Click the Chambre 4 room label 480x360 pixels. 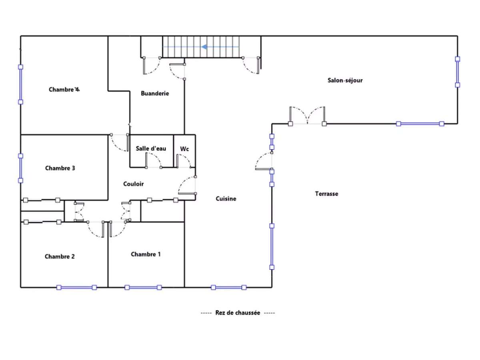point(64,89)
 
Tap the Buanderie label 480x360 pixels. point(155,93)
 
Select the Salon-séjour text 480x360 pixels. point(345,80)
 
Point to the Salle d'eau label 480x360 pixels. point(151,148)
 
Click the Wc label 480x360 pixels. point(184,149)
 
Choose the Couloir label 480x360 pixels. point(133,184)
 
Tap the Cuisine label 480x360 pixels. point(226,198)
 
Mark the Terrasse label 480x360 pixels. point(326,194)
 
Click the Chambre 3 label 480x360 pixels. point(60,168)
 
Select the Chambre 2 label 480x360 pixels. point(60,256)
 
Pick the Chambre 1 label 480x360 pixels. point(146,254)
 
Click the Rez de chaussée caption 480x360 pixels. point(238,313)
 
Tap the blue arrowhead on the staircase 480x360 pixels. point(204,47)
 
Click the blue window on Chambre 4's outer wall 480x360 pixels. point(20,84)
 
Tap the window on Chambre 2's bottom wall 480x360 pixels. point(76,288)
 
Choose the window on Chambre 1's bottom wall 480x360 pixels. point(143,288)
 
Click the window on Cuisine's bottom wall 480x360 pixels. point(228,288)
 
